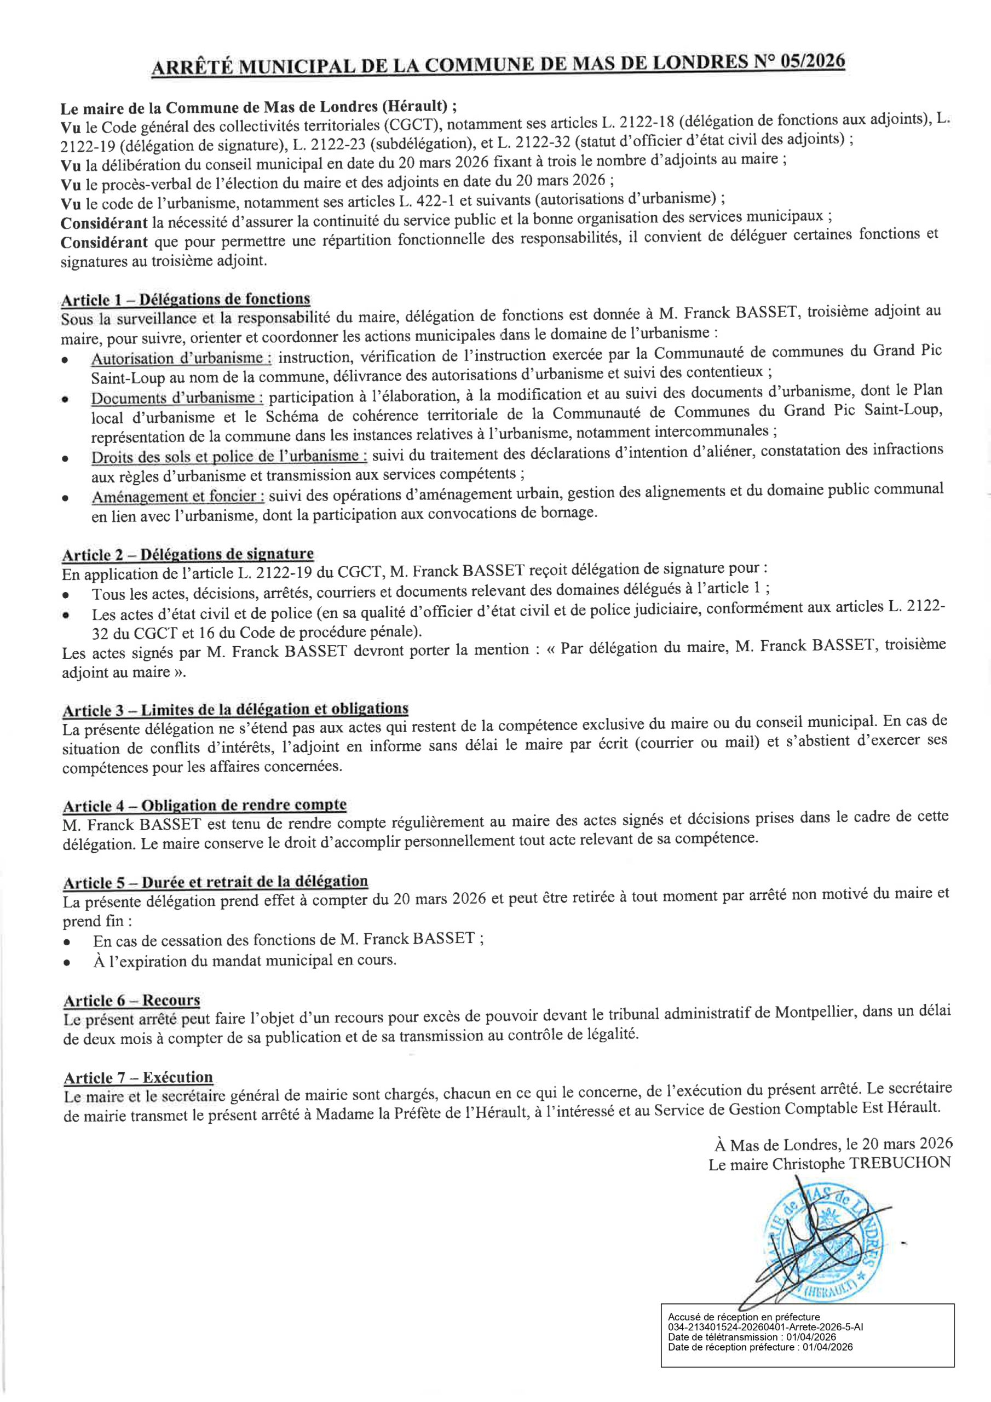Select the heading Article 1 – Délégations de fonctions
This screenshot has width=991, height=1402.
186,299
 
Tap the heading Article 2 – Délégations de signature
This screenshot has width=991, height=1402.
187,554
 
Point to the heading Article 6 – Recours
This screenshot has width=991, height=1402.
132,1001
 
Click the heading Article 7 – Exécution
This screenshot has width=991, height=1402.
139,1078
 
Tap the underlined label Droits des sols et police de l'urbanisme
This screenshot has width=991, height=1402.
229,456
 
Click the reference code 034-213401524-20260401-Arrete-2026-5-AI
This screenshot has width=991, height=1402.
765,1326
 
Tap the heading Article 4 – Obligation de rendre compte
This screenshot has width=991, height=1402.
205,806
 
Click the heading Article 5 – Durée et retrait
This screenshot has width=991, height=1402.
216,882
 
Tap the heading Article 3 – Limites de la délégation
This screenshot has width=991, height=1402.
235,710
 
